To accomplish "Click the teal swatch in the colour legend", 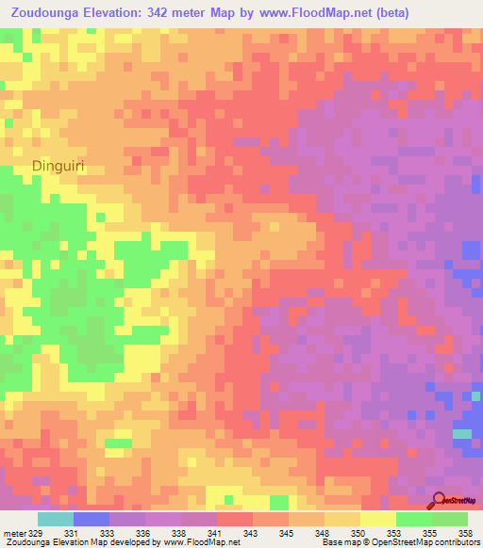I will [56, 519].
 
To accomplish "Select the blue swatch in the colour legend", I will [92, 519].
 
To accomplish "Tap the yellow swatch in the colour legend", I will [378, 519].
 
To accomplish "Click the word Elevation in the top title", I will [117, 12].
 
